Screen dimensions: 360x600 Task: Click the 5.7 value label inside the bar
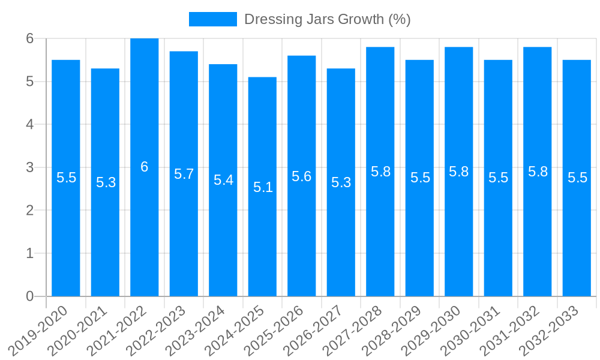pyautogui.click(x=184, y=174)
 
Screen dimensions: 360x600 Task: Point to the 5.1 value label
pyautogui.click(x=263, y=187)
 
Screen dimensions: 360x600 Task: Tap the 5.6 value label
pyautogui.click(x=302, y=176)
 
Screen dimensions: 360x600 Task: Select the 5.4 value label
pyautogui.click(x=223, y=180)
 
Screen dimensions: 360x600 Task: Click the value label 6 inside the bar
pyautogui.click(x=145, y=167)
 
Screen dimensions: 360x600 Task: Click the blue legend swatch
pyautogui.click(x=212, y=19)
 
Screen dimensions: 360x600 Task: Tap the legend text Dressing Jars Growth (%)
pyautogui.click(x=327, y=19)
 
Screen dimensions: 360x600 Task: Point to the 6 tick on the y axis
pyautogui.click(x=30, y=38)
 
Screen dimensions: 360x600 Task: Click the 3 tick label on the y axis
pyautogui.click(x=30, y=167)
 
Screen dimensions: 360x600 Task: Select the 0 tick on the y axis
pyautogui.click(x=30, y=296)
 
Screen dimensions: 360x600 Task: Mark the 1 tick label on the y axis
pyautogui.click(x=30, y=253)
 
